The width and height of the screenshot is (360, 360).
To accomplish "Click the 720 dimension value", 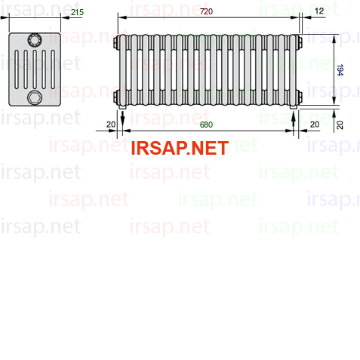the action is pyautogui.click(x=206, y=11).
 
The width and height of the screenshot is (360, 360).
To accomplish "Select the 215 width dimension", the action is pyautogui.click(x=77, y=12).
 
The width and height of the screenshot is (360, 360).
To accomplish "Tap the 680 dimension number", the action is pyautogui.click(x=206, y=125).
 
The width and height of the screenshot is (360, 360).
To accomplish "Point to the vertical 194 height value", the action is pyautogui.click(x=340, y=70).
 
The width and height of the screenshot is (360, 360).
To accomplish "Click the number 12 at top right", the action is pyautogui.click(x=319, y=11).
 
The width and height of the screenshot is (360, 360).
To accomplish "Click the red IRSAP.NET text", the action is pyautogui.click(x=180, y=148).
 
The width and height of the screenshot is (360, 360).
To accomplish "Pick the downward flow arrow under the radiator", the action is pyautogui.click(x=122, y=119).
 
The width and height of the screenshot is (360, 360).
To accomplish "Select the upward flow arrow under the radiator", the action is pyautogui.click(x=294, y=121).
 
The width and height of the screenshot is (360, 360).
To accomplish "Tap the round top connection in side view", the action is pyautogui.click(x=35, y=40).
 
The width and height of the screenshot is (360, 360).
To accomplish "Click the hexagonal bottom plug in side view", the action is pyautogui.click(x=35, y=97).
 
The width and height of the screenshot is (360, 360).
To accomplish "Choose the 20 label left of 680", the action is pyautogui.click(x=111, y=125).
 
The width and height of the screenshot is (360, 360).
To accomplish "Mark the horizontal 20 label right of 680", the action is pyautogui.click(x=315, y=125).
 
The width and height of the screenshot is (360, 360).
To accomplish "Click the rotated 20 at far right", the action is pyautogui.click(x=340, y=125).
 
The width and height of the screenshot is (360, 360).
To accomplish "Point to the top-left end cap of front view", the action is pyautogui.click(x=116, y=42).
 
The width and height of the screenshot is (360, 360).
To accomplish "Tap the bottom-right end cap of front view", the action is pyautogui.click(x=300, y=97).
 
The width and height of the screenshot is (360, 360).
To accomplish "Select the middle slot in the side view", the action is pyautogui.click(x=35, y=69).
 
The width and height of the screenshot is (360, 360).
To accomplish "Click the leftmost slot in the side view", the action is pyautogui.click(x=17, y=69).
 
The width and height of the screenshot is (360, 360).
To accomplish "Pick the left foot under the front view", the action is pyautogui.click(x=122, y=107).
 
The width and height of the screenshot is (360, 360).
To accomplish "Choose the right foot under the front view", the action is pyautogui.click(x=294, y=107).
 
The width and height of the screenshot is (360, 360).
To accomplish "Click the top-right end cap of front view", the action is pyautogui.click(x=300, y=42).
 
